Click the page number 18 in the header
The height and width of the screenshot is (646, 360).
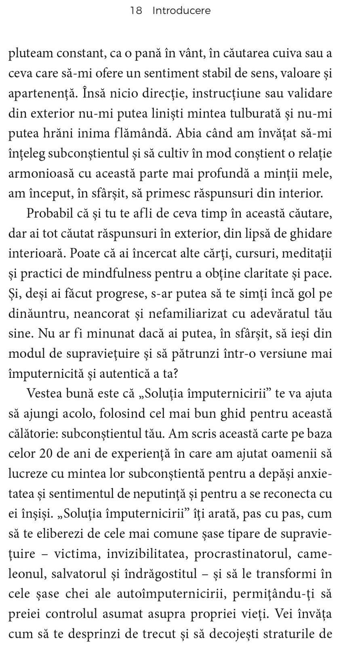[x=136, y=11]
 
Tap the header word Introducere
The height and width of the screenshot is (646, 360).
[x=181, y=11]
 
